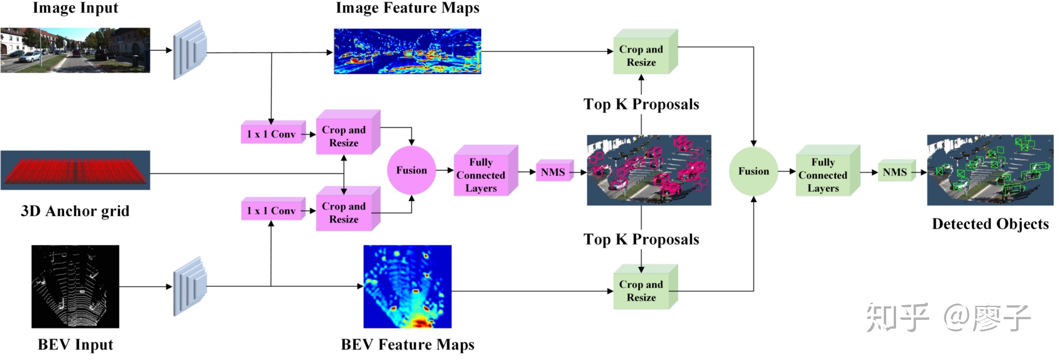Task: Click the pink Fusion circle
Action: [x=411, y=171]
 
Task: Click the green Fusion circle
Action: [x=753, y=171]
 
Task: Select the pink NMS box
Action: [x=552, y=172]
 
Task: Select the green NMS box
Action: [x=894, y=172]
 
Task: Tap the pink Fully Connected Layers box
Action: [x=481, y=175]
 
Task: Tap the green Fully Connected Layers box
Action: [x=823, y=175]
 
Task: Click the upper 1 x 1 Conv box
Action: [x=271, y=134]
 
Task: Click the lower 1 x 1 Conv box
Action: [x=271, y=211]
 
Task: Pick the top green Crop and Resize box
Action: [x=641, y=56]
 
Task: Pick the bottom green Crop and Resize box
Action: [x=641, y=291]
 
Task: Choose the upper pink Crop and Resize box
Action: [x=344, y=136]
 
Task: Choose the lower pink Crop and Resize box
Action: [x=344, y=213]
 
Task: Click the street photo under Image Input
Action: [x=75, y=50]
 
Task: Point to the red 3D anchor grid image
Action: [x=75, y=170]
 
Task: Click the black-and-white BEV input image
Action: [x=75, y=286]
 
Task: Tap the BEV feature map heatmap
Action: [x=407, y=286]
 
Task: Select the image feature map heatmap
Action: [x=407, y=51]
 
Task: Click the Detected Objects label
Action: [x=990, y=224]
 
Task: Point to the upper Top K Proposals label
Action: [x=641, y=104]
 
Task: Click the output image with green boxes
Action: [x=990, y=170]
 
